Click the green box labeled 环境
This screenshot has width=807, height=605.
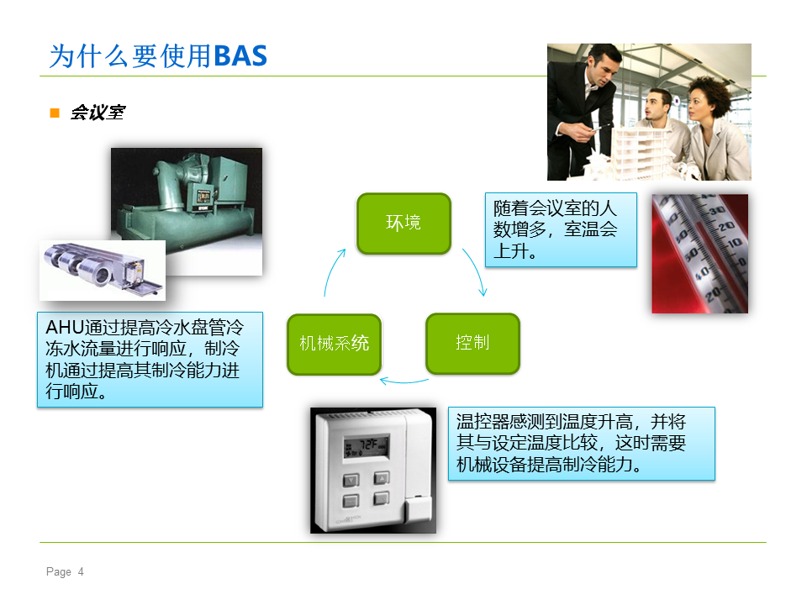pos(404,224)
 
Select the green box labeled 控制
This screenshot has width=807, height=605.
pos(473,343)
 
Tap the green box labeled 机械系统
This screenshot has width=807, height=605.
pos(335,345)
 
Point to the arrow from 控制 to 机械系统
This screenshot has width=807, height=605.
pos(404,381)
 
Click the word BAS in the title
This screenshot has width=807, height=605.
pos(240,56)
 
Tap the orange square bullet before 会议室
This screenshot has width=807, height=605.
pos(55,113)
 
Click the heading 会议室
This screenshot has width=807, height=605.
pos(98,113)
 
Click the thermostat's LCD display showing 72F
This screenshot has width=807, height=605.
pos(367,446)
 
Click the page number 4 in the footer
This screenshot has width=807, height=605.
pos(81,571)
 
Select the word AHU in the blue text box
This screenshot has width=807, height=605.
pos(65,327)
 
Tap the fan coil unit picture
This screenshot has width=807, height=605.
pos(103,271)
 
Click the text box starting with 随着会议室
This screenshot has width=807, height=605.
pos(561,230)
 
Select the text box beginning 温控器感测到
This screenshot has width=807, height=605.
pos(582,444)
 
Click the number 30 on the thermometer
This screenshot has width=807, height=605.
pos(717,210)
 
